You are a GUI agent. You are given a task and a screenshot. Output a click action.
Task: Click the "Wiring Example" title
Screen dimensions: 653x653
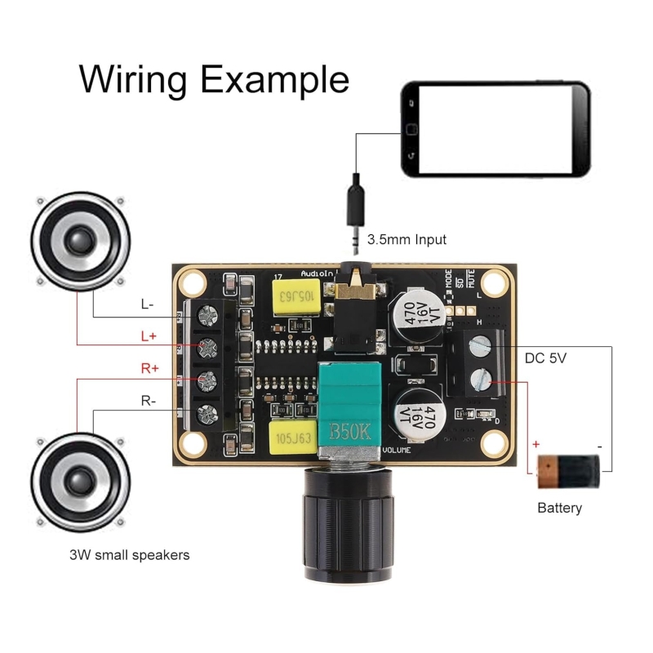[x=214, y=80]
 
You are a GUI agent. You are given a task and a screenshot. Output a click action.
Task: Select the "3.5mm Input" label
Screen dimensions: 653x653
[x=406, y=240]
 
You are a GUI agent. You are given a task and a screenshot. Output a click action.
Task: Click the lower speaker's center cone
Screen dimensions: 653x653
[x=81, y=481]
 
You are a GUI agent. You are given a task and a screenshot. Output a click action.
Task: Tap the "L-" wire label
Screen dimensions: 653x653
[x=148, y=304]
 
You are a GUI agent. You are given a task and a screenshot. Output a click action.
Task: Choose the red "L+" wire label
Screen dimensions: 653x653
[x=148, y=335]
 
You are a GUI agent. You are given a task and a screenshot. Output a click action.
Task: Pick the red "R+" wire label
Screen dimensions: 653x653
[x=150, y=369]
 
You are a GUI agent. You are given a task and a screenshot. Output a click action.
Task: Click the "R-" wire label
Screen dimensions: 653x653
[x=148, y=400]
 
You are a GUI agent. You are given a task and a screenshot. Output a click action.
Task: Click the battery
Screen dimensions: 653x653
[x=569, y=471]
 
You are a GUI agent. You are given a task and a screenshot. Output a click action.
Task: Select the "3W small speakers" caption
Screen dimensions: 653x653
[x=130, y=555]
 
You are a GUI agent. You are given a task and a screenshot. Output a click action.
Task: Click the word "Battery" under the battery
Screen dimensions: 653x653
[x=559, y=508]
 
